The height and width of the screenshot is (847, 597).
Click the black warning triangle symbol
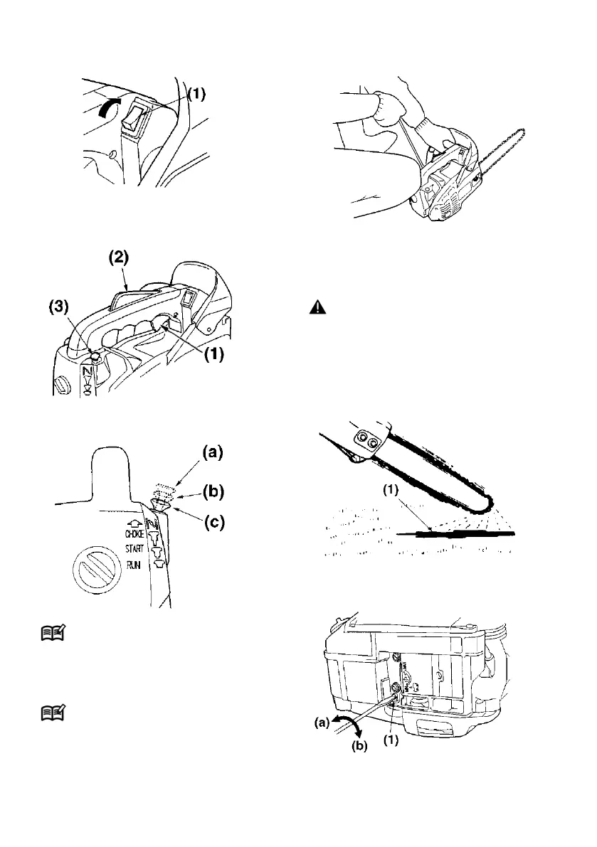click(x=317, y=307)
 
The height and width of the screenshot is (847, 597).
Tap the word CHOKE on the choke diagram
click(x=134, y=533)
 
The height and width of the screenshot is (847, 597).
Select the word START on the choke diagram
click(x=134, y=549)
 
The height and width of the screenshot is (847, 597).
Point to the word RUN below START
click(x=134, y=565)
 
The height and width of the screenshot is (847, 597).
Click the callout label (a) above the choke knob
click(x=212, y=452)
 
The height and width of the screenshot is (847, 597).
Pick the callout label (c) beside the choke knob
click(x=213, y=523)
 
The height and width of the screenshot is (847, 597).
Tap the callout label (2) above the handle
click(x=119, y=257)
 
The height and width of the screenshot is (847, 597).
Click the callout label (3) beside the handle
click(x=58, y=307)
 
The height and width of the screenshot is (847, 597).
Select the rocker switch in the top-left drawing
click(x=137, y=116)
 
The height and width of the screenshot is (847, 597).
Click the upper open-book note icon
click(x=53, y=632)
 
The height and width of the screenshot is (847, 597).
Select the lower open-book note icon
click(x=53, y=713)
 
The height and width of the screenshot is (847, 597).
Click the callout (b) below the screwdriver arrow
click(x=359, y=747)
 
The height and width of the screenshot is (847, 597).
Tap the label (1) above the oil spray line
click(x=391, y=490)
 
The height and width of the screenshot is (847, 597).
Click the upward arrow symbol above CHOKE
click(x=135, y=523)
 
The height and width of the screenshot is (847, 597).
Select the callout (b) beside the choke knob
click(x=213, y=492)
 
